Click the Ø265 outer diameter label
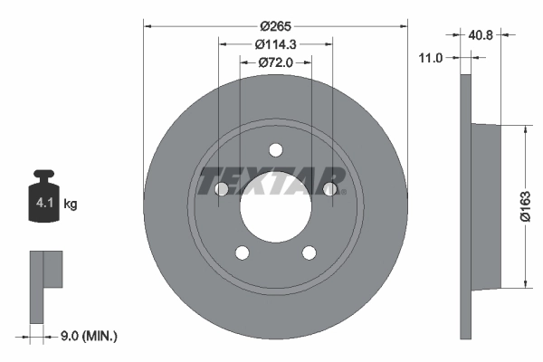coord(276,27)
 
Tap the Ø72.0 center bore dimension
coord(276,62)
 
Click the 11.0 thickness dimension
coord(431,58)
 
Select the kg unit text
coord(71,205)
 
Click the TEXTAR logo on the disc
coord(272,180)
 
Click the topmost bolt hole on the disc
coord(275,153)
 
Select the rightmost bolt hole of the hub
coord(330,189)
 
